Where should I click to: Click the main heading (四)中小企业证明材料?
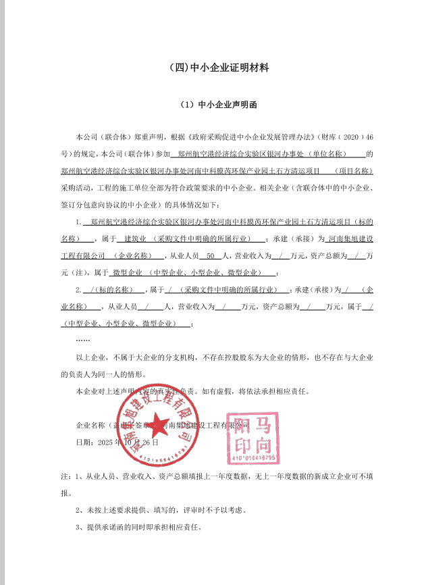212,68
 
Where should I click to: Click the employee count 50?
209,255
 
